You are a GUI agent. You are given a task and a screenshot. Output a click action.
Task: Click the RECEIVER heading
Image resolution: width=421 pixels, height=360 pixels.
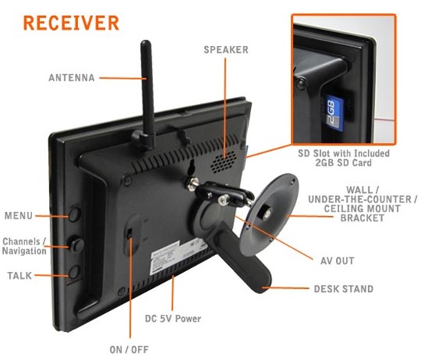click(71, 23)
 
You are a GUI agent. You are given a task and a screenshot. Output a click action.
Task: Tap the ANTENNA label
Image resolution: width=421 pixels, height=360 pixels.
click(72, 78)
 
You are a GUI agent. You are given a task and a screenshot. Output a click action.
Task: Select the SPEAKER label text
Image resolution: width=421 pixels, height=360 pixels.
click(226, 50)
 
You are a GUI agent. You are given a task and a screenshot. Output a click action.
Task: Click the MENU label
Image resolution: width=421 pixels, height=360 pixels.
click(18, 215)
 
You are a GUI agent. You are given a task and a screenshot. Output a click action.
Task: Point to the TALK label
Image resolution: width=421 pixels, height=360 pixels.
click(20, 276)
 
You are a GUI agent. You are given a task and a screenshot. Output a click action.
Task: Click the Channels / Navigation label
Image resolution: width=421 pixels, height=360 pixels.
click(24, 246)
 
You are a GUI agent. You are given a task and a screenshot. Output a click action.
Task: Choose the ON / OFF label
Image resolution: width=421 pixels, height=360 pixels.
click(129, 349)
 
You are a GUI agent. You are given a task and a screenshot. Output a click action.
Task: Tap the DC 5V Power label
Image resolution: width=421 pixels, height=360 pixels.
click(173, 319)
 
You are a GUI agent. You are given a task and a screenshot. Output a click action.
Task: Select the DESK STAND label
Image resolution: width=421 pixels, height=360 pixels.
click(344, 289)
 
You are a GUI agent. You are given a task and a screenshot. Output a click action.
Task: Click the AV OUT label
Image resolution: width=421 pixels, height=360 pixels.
click(338, 261)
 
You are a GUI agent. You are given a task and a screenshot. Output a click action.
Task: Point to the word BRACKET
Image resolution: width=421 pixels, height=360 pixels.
click(363, 218)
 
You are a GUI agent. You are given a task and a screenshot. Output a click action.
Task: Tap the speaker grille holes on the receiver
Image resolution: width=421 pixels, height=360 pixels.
click(224, 162)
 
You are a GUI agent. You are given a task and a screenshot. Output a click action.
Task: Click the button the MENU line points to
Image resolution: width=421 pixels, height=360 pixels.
click(74, 214)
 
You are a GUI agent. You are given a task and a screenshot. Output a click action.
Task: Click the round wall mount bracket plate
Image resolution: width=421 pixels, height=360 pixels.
click(269, 214)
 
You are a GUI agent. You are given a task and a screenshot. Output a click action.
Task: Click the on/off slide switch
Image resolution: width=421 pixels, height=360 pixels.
click(129, 233)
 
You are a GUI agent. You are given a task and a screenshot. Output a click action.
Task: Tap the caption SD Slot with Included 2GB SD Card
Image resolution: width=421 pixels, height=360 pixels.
click(344, 158)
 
